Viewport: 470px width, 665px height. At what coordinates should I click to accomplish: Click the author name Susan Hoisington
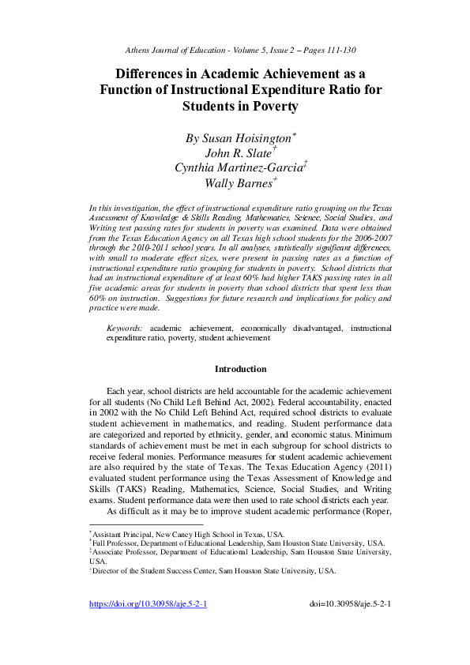tap(238, 138)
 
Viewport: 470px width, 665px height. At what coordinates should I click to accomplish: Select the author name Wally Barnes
tap(237, 183)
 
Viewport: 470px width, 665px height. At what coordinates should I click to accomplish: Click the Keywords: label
tap(125, 326)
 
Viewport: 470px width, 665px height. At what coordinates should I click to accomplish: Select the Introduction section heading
tap(240, 369)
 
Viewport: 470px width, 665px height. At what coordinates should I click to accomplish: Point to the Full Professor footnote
tap(237, 543)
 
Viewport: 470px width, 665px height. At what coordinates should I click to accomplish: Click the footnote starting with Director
tap(212, 570)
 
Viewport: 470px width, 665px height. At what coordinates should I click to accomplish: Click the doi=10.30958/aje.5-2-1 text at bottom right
tap(352, 626)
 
